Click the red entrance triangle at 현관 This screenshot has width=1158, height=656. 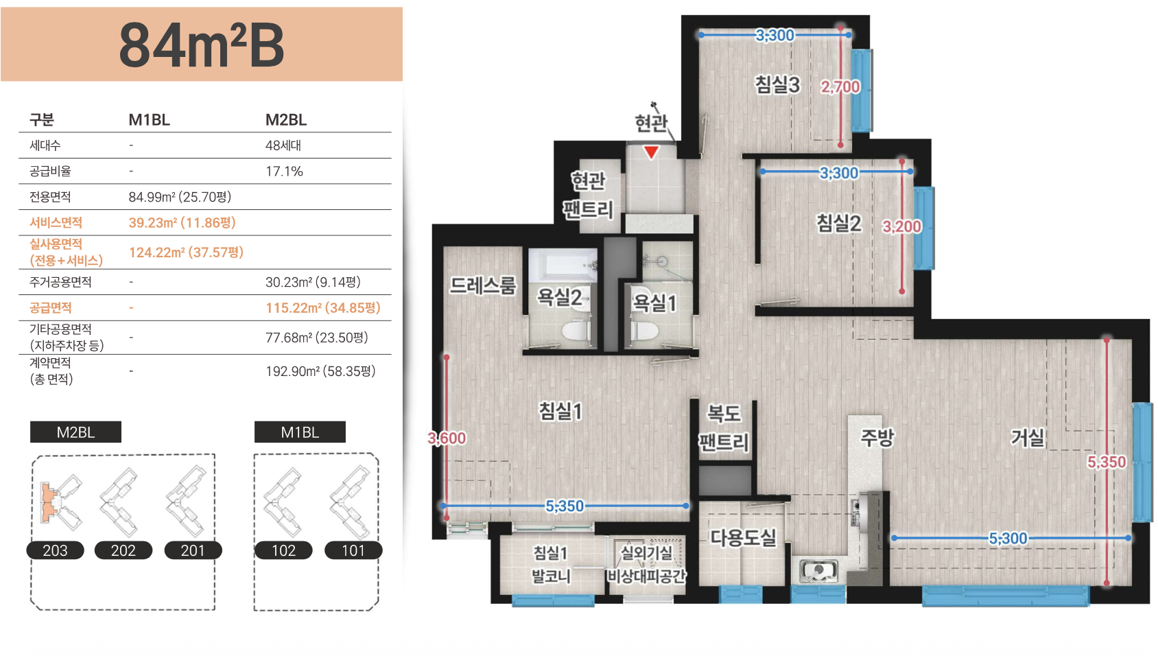[651, 152]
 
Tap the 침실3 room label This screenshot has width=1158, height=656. [777, 85]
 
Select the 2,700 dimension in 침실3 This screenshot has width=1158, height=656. [840, 87]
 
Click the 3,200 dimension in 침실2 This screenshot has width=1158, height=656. [901, 226]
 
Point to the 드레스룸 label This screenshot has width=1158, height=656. [482, 285]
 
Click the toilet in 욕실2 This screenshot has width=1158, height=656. [576, 330]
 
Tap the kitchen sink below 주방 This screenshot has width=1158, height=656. [819, 570]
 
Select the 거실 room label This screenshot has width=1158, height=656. [1028, 438]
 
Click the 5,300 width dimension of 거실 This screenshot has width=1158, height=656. [1008, 539]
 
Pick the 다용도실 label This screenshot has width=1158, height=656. [743, 537]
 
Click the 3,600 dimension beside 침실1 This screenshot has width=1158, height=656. [447, 438]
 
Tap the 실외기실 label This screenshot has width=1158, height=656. [646, 552]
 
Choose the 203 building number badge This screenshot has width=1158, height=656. [56, 550]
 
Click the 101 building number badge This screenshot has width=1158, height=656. [353, 550]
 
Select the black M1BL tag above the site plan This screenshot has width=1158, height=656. [300, 432]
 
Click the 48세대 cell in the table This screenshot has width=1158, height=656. [283, 145]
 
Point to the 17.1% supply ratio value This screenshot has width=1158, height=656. [284, 172]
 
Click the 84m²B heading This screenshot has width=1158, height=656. [202, 45]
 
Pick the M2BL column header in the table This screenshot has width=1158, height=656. [286, 120]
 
